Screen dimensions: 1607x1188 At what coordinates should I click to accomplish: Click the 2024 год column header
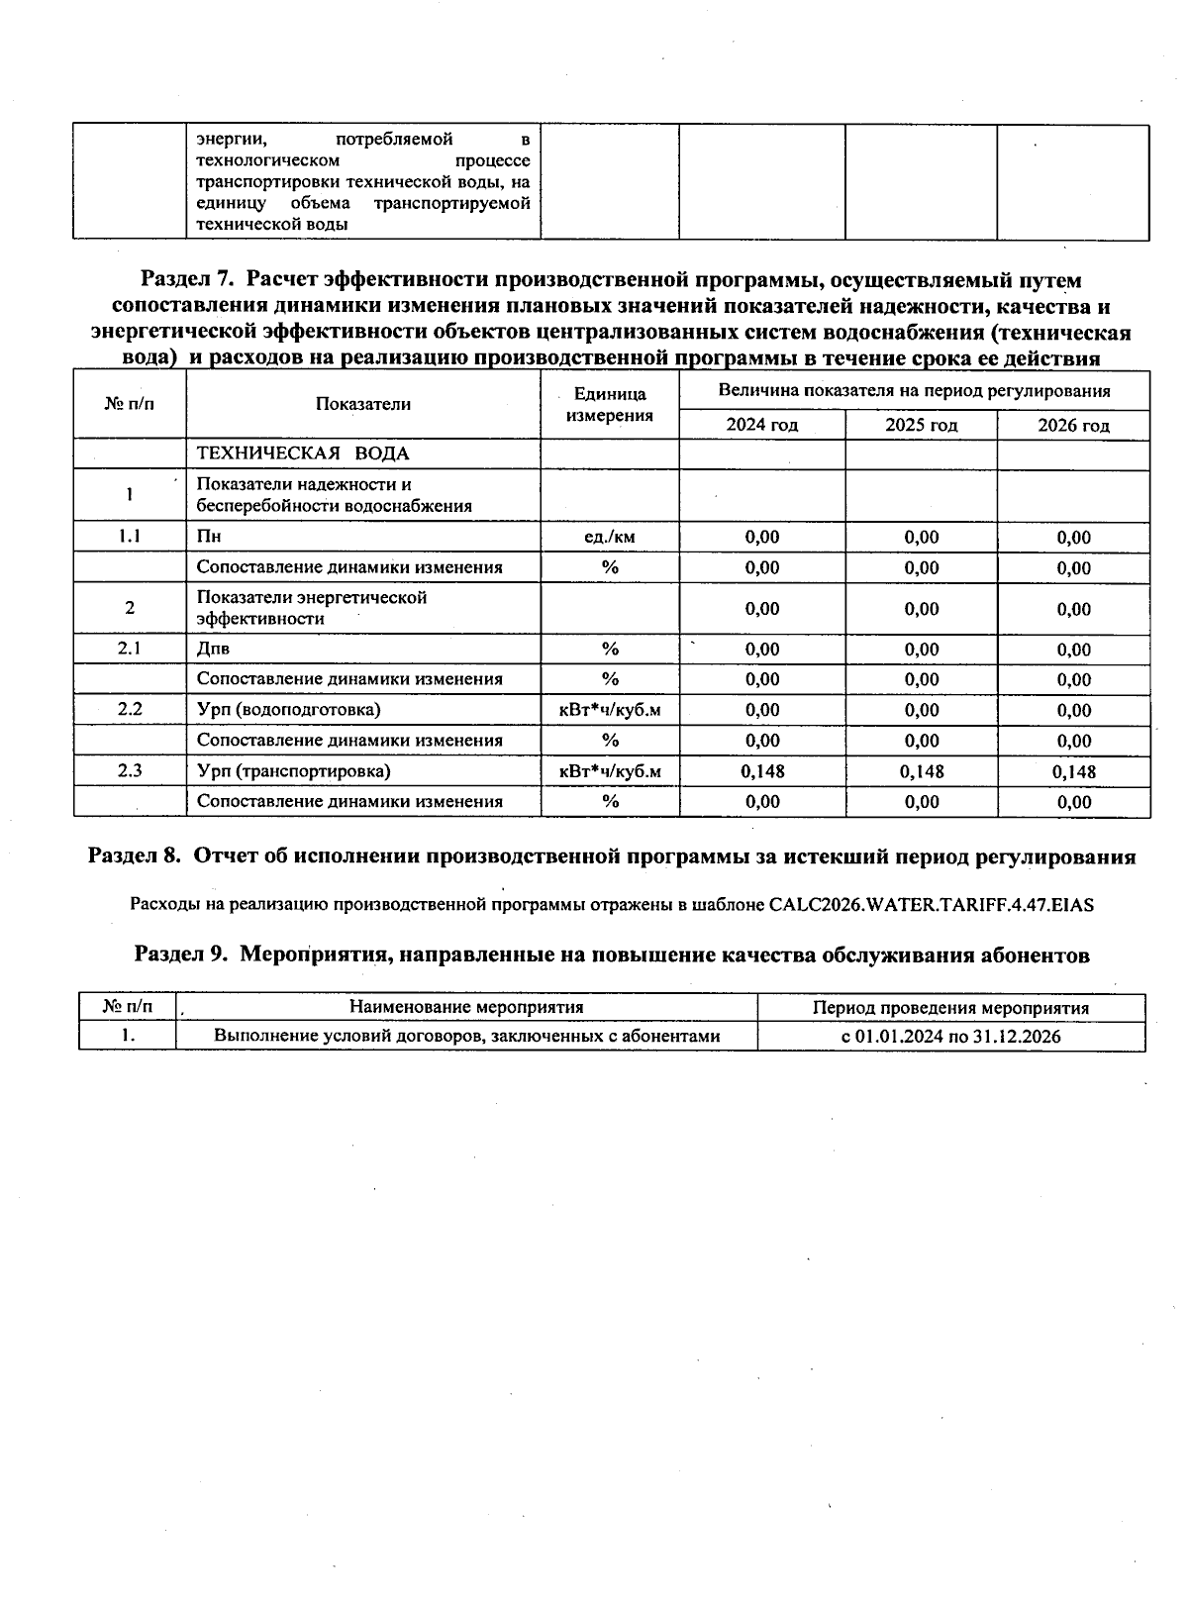pyautogui.click(x=761, y=425)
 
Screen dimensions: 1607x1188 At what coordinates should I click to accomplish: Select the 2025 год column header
pyautogui.click(x=921, y=425)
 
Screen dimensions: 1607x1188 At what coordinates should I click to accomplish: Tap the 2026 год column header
pyautogui.click(x=1073, y=426)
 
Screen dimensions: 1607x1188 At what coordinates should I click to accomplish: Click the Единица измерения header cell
pyautogui.click(x=610, y=404)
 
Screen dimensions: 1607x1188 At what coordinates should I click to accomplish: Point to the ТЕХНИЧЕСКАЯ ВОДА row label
pyautogui.click(x=303, y=453)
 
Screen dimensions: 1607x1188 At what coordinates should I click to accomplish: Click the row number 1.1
pyautogui.click(x=130, y=536)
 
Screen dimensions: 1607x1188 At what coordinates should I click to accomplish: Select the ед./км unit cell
pyautogui.click(x=610, y=537)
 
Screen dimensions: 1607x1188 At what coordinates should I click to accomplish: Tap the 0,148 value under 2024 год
pyautogui.click(x=761, y=771)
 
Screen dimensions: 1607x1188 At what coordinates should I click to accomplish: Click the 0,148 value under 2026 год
pyautogui.click(x=1073, y=771)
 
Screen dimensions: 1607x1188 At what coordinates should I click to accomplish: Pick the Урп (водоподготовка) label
pyautogui.click(x=288, y=709)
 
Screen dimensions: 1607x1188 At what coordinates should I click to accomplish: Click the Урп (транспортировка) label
pyautogui.click(x=293, y=770)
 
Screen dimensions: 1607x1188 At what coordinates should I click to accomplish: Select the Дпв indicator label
pyautogui.click(x=213, y=649)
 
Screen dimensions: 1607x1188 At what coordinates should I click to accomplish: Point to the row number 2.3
pyautogui.click(x=130, y=770)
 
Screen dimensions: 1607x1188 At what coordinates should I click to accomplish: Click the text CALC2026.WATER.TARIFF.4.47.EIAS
pyautogui.click(x=931, y=904)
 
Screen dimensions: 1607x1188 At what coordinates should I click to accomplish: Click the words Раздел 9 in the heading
pyautogui.click(x=180, y=955)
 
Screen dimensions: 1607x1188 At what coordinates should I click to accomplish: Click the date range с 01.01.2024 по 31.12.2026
pyautogui.click(x=950, y=1037)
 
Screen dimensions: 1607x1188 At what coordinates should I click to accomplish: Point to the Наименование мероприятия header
pyautogui.click(x=466, y=1007)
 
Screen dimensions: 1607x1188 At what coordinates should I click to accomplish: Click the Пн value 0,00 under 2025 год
pyautogui.click(x=921, y=537)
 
